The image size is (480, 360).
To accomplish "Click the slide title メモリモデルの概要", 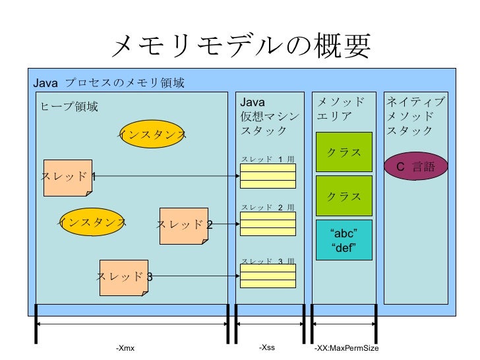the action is (x=241, y=45).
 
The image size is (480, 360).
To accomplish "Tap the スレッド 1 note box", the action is (x=68, y=177).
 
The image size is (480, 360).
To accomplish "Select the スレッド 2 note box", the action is (x=184, y=226).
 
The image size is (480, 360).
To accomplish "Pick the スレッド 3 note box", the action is (x=124, y=278).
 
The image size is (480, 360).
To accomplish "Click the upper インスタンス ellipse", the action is (x=152, y=134).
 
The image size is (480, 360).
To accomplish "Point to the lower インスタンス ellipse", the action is (x=93, y=222).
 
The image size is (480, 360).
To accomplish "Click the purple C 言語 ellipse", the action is (x=415, y=166).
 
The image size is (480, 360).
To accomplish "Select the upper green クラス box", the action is (x=344, y=152).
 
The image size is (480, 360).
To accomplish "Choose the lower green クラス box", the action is (x=344, y=196).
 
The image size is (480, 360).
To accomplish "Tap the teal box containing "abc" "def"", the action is (x=344, y=240).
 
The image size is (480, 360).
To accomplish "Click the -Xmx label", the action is (x=125, y=348).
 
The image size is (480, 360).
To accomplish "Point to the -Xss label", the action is (x=267, y=347).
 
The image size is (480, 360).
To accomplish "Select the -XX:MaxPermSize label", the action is (x=347, y=348).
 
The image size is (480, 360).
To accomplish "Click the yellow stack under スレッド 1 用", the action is (x=268, y=176).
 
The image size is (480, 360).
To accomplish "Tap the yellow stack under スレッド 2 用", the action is (x=268, y=224).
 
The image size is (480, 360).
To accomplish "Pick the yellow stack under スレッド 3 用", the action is (x=268, y=276).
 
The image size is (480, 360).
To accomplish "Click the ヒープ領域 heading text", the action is (x=69, y=107).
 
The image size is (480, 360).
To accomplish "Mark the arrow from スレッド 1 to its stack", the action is (x=166, y=175).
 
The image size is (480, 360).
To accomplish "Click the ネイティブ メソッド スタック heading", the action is (x=415, y=116).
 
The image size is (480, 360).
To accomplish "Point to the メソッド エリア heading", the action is (x=340, y=109).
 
